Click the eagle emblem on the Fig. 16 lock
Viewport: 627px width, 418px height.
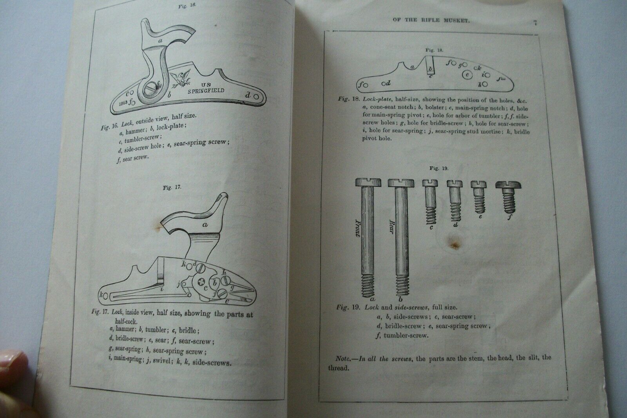coord(180,79)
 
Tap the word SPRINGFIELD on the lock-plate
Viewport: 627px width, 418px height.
coord(206,91)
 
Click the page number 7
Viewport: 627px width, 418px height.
coord(535,23)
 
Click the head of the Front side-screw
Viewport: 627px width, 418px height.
coord(368,182)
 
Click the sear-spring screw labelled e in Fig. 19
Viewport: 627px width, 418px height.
coord(479,196)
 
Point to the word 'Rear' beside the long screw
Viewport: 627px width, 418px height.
coord(392,227)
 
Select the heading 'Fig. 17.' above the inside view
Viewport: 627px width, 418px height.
coord(172,187)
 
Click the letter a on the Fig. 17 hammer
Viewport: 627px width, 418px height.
coord(205,224)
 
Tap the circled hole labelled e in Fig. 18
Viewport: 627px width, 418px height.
coord(467,75)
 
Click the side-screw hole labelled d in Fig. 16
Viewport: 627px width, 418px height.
coord(256,96)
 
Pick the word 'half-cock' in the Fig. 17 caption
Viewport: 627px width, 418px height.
coord(126,322)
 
